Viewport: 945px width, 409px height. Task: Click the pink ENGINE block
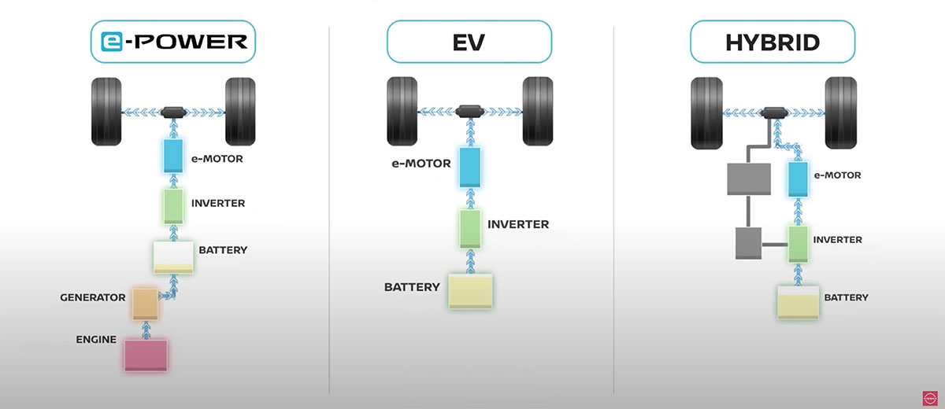[x=146, y=354]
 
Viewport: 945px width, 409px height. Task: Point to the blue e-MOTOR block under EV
[x=469, y=167]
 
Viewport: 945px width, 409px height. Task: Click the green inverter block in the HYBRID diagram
[x=799, y=243]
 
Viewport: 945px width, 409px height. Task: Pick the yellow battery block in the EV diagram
[x=470, y=291]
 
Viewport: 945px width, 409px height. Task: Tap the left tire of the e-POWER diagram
[x=107, y=112]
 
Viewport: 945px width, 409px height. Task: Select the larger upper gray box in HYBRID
[x=748, y=179]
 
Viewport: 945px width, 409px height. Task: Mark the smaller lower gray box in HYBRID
[x=747, y=243]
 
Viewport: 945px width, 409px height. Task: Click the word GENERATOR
[x=93, y=297]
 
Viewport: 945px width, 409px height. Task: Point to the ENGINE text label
[x=96, y=340]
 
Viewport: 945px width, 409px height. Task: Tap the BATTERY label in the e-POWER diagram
[x=223, y=250]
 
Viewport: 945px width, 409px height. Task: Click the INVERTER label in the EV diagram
[x=518, y=224]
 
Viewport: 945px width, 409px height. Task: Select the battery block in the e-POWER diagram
[x=174, y=257]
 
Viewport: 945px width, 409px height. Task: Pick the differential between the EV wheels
[x=469, y=111]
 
